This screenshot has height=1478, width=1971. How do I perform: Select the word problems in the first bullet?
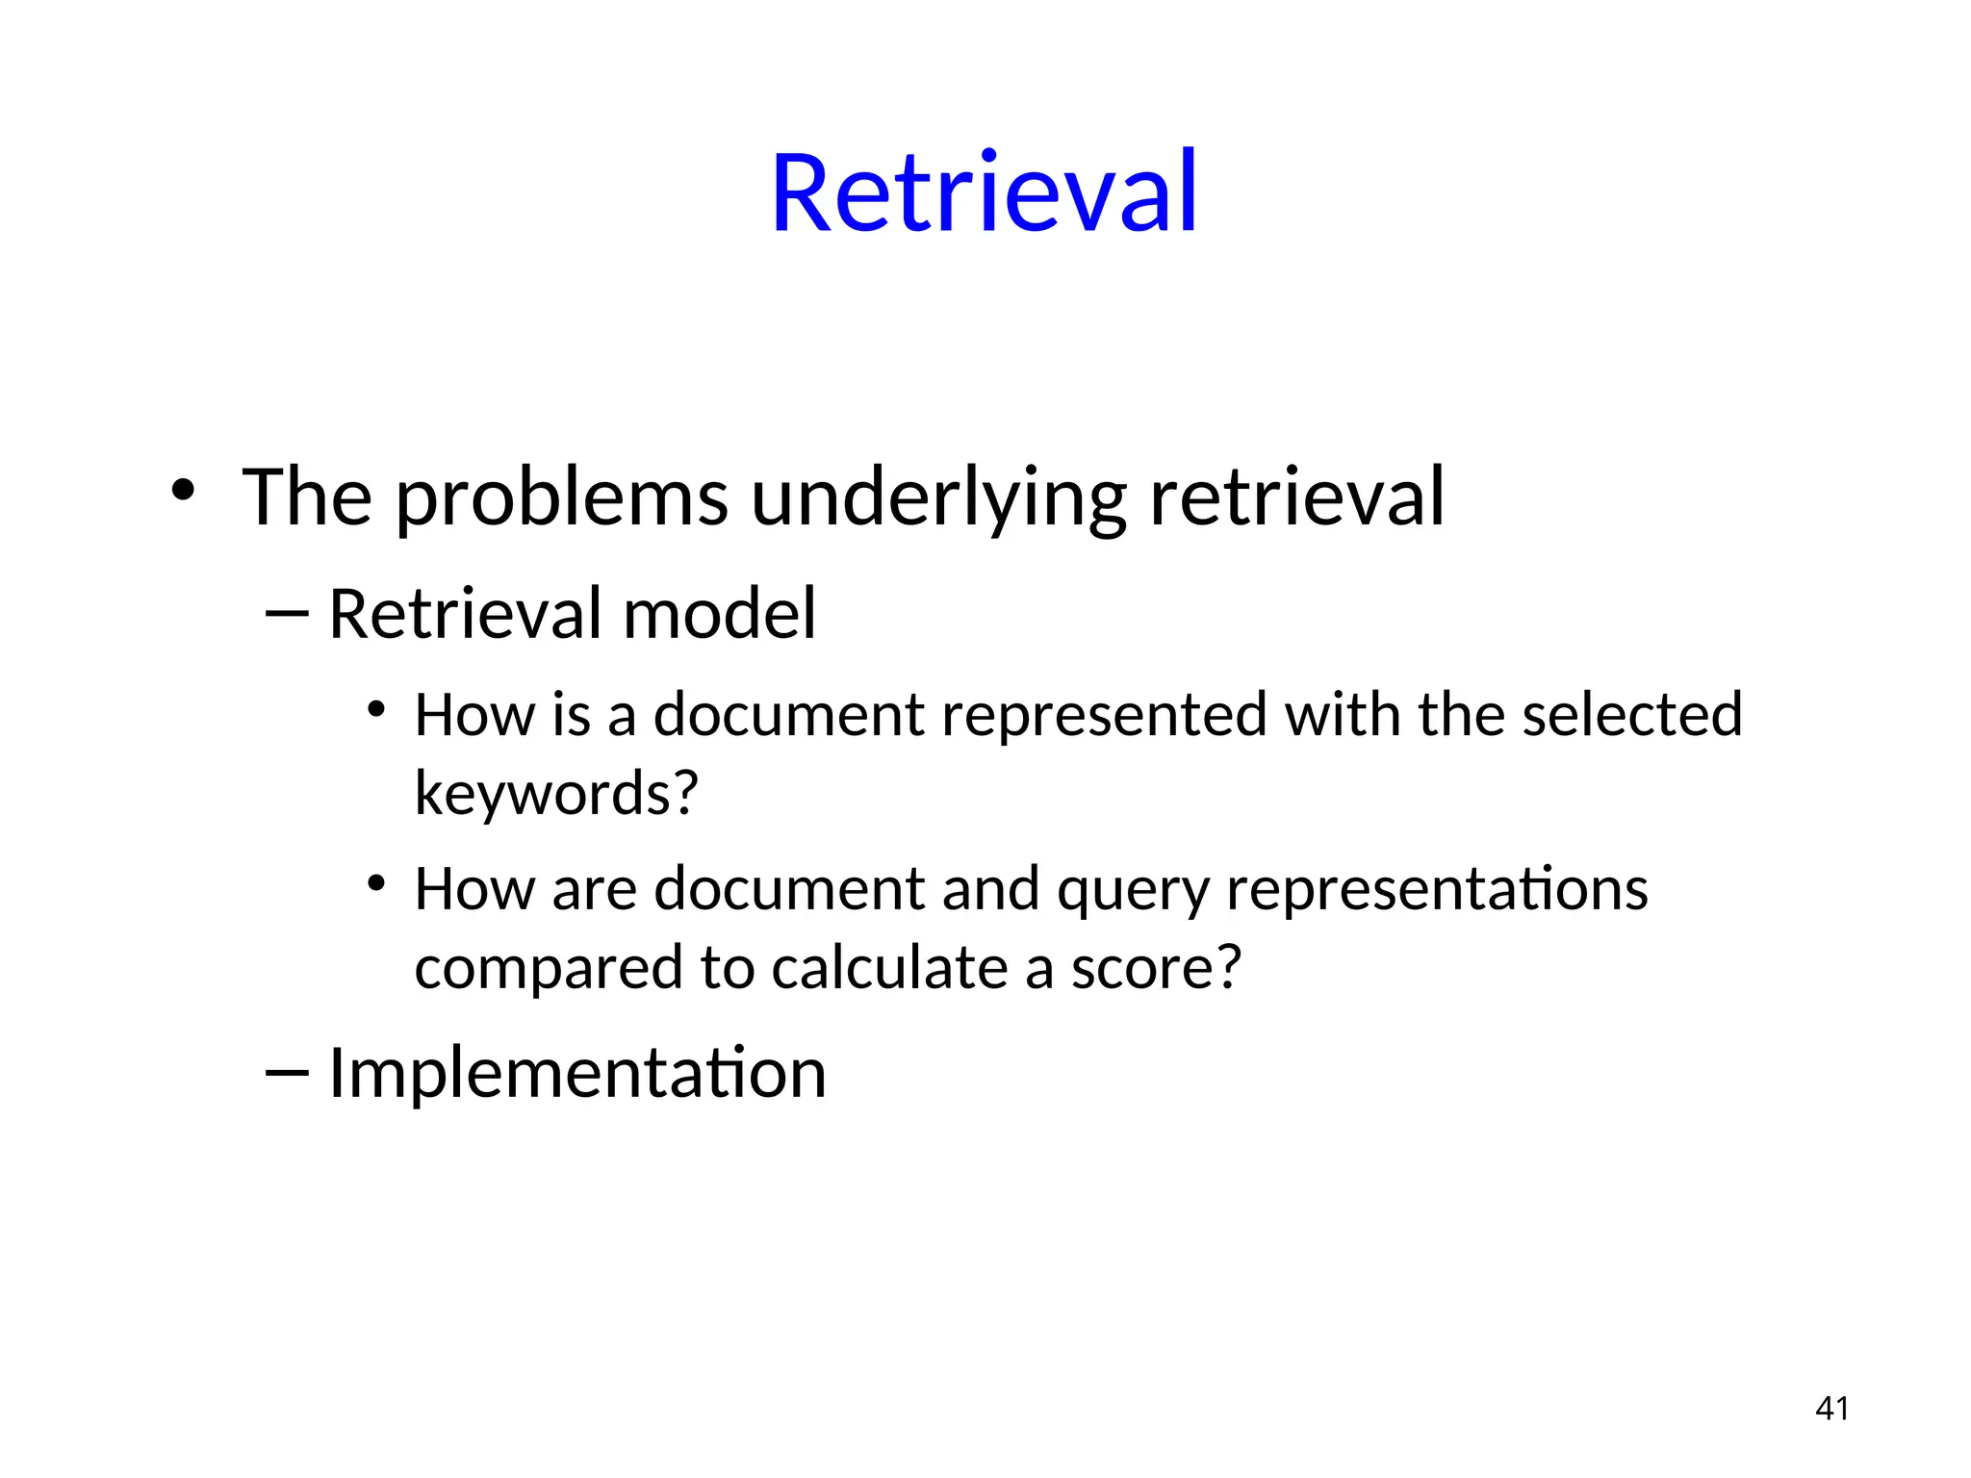tap(561, 500)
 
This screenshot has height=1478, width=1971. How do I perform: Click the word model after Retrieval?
tap(719, 614)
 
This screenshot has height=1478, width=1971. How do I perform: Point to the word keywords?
tap(556, 794)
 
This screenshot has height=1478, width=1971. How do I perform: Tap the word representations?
tap(1437, 889)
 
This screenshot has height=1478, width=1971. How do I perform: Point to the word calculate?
tap(889, 967)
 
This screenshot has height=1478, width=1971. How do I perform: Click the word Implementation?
tap(577, 1073)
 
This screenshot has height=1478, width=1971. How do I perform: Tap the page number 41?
tap(1831, 1409)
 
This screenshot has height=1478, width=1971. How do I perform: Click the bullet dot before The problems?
tap(183, 491)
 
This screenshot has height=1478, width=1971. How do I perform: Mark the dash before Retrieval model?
tap(287, 614)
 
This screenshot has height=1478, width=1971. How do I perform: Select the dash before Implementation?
tap(287, 1072)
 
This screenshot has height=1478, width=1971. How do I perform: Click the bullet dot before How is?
tap(376, 710)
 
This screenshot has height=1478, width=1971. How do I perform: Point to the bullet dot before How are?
tap(376, 883)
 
